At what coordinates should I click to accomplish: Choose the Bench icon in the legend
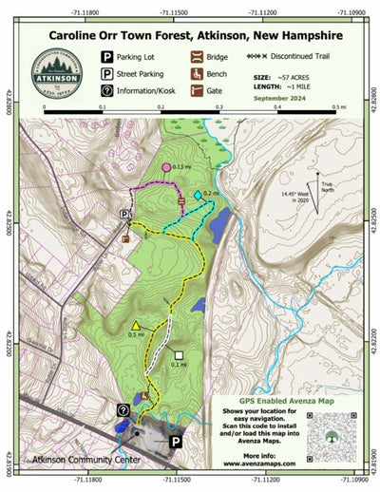[196, 73]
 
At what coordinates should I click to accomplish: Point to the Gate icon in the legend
[196, 91]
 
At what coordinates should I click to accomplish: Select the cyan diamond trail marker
[198, 195]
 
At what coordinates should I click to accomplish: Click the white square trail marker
[179, 355]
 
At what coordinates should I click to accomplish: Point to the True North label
[327, 186]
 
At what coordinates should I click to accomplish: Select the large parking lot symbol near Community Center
[176, 442]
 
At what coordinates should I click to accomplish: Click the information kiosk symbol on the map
[123, 409]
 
